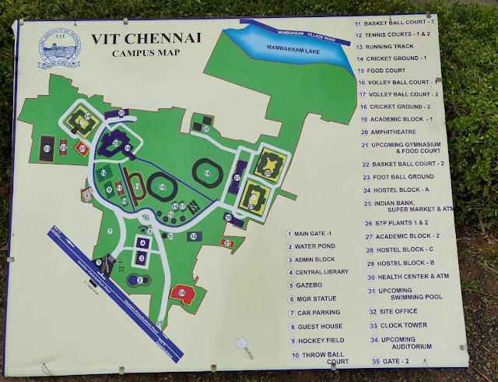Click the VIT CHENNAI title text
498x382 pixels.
(x=137, y=38)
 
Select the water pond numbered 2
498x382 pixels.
(x=141, y=280)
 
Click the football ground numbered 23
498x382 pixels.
(x=48, y=147)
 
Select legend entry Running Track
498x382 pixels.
(x=396, y=46)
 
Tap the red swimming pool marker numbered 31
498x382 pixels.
(x=227, y=244)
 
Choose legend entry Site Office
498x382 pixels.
(x=398, y=311)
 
